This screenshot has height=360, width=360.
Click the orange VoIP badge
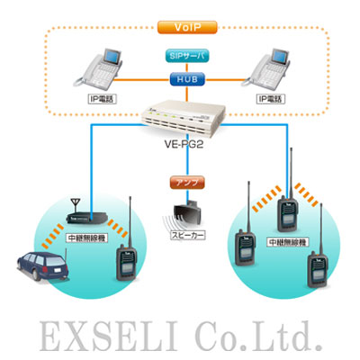tap(187, 27)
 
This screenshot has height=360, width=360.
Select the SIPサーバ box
tap(187, 56)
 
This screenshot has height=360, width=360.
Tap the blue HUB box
tap(187, 79)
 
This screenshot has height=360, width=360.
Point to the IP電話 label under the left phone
tap(102, 99)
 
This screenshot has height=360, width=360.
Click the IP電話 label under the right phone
tap(270, 99)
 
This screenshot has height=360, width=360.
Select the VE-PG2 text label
tap(184, 145)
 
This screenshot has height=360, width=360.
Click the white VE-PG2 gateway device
tap(184, 120)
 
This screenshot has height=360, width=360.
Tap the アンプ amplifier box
tap(187, 183)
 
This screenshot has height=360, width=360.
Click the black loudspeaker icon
tap(186, 213)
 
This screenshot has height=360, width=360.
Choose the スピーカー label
tap(188, 235)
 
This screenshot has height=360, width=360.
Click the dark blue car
tap(42, 265)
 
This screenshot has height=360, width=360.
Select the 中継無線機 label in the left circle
tap(86, 238)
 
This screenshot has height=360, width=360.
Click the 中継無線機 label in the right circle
tap(288, 242)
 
